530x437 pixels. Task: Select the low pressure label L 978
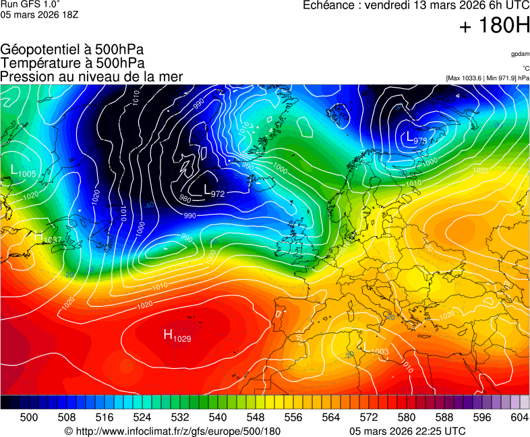pyautogui.click(x=417, y=138)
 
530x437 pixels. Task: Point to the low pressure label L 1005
pyautogui.click(x=24, y=172)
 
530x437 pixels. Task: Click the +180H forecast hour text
pyautogui.click(x=494, y=27)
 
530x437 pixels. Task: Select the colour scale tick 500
pyautogui.click(x=29, y=417)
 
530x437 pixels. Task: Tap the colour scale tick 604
pyautogui.click(x=519, y=417)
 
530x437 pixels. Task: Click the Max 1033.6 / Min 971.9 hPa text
pyautogui.click(x=488, y=78)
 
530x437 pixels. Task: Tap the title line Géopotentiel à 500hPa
pyautogui.click(x=72, y=50)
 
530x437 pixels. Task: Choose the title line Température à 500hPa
pyautogui.click(x=72, y=63)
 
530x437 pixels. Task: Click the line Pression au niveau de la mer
pyautogui.click(x=92, y=77)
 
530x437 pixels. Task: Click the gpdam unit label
pyautogui.click(x=520, y=54)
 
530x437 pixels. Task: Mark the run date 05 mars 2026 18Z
pyautogui.click(x=40, y=15)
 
